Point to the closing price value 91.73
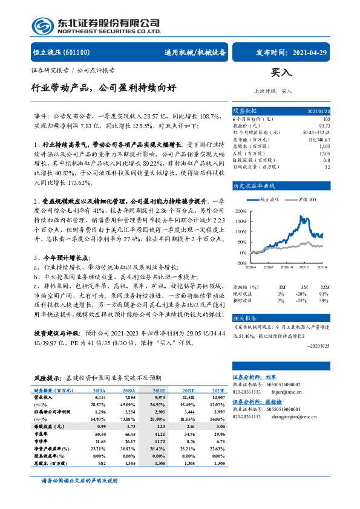[x=325, y=125]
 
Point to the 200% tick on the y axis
[x=241, y=211]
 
